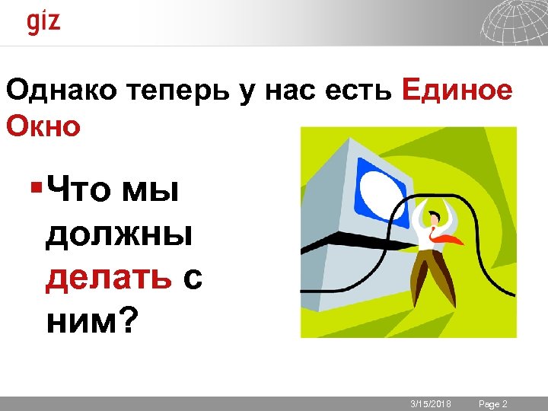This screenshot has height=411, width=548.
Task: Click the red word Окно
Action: (43, 126)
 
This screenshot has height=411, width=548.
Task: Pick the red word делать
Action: (108, 280)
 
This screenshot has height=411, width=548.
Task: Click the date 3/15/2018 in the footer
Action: (431, 403)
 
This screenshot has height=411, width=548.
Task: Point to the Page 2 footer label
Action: (492, 403)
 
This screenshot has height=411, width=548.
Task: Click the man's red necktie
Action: (444, 237)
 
